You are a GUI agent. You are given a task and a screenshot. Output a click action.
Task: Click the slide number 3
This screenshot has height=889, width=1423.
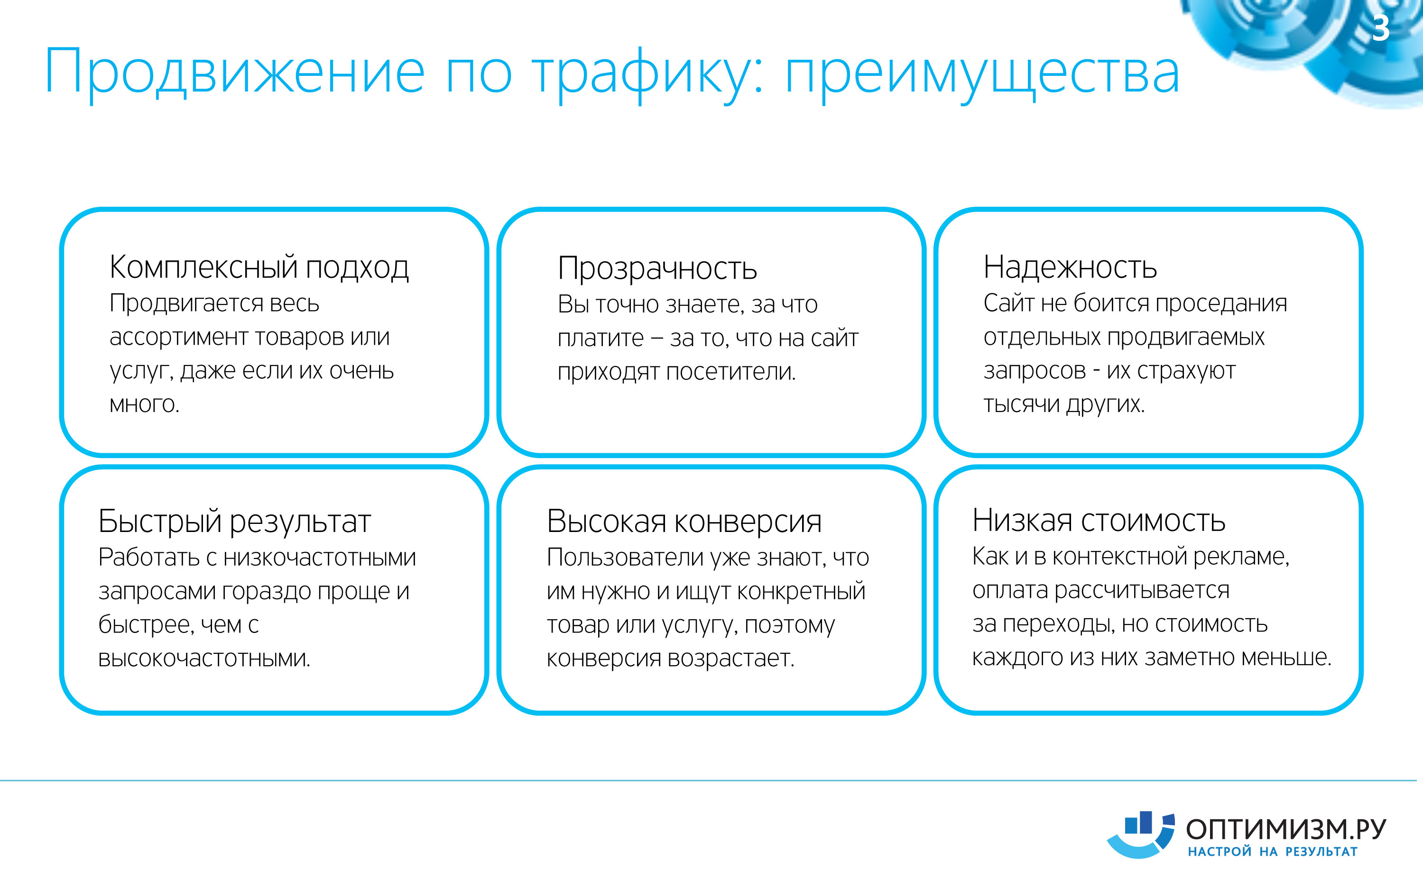(x=1381, y=27)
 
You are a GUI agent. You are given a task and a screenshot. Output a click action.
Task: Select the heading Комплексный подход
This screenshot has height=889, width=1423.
(x=259, y=268)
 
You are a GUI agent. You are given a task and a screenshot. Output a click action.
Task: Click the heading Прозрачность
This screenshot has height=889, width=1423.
(x=657, y=269)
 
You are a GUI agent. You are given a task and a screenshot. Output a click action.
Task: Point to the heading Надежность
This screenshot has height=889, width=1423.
(x=1070, y=267)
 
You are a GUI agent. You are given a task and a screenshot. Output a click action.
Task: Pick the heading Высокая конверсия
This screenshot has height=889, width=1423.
(x=684, y=522)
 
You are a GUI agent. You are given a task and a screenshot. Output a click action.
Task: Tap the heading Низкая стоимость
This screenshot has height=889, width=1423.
(x=1099, y=520)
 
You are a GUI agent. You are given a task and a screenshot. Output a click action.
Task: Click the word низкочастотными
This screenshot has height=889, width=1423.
(x=319, y=558)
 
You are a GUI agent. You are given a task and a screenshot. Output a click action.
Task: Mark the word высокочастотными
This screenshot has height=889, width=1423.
(x=204, y=659)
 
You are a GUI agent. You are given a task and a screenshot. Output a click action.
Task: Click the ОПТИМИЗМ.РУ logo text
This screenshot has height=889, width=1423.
(x=1286, y=830)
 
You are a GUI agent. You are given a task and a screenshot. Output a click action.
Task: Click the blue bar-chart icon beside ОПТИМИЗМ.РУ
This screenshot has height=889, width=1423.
(x=1140, y=835)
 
